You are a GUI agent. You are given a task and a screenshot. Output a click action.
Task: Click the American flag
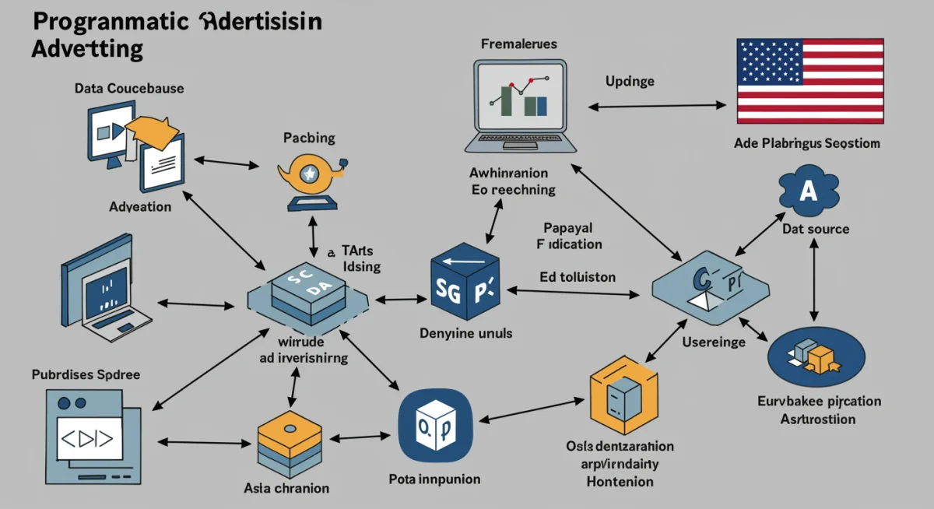coord(809,81)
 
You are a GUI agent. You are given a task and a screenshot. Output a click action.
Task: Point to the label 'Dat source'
coord(816,229)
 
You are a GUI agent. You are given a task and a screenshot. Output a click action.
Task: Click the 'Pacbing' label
coord(309,138)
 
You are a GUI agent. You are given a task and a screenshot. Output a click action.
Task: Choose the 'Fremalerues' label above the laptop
coord(519,44)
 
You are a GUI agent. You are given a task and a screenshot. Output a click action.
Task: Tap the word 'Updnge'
coord(629,81)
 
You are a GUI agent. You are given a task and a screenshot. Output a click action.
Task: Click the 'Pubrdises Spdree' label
coord(86,374)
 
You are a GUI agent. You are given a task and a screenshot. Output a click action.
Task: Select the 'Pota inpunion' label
coord(434,478)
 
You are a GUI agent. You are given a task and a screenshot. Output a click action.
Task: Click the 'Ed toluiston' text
coord(578,276)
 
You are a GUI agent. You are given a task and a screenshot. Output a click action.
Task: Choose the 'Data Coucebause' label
coord(129,89)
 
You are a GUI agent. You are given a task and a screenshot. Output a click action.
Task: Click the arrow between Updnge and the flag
coord(654,105)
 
